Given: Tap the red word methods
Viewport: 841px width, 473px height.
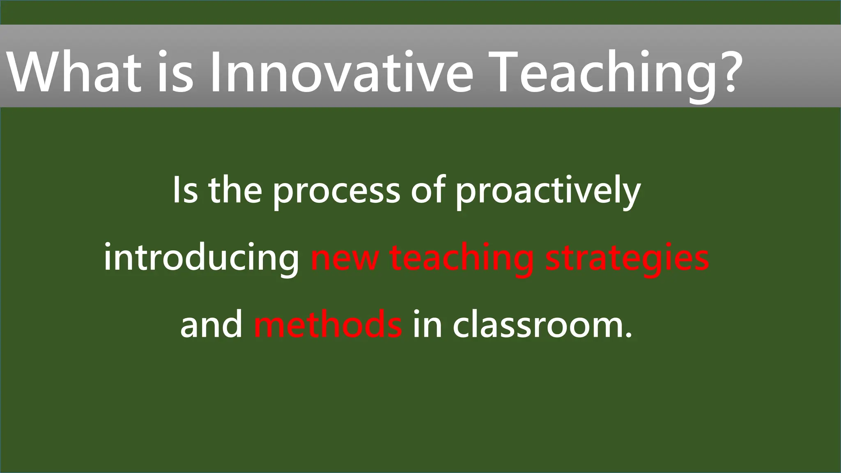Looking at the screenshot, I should (328, 324).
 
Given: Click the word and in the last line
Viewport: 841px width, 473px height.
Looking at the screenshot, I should (211, 324).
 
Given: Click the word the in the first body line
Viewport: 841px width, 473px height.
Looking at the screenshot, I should (235, 190).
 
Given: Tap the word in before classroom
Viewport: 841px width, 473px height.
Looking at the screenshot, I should (427, 324).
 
